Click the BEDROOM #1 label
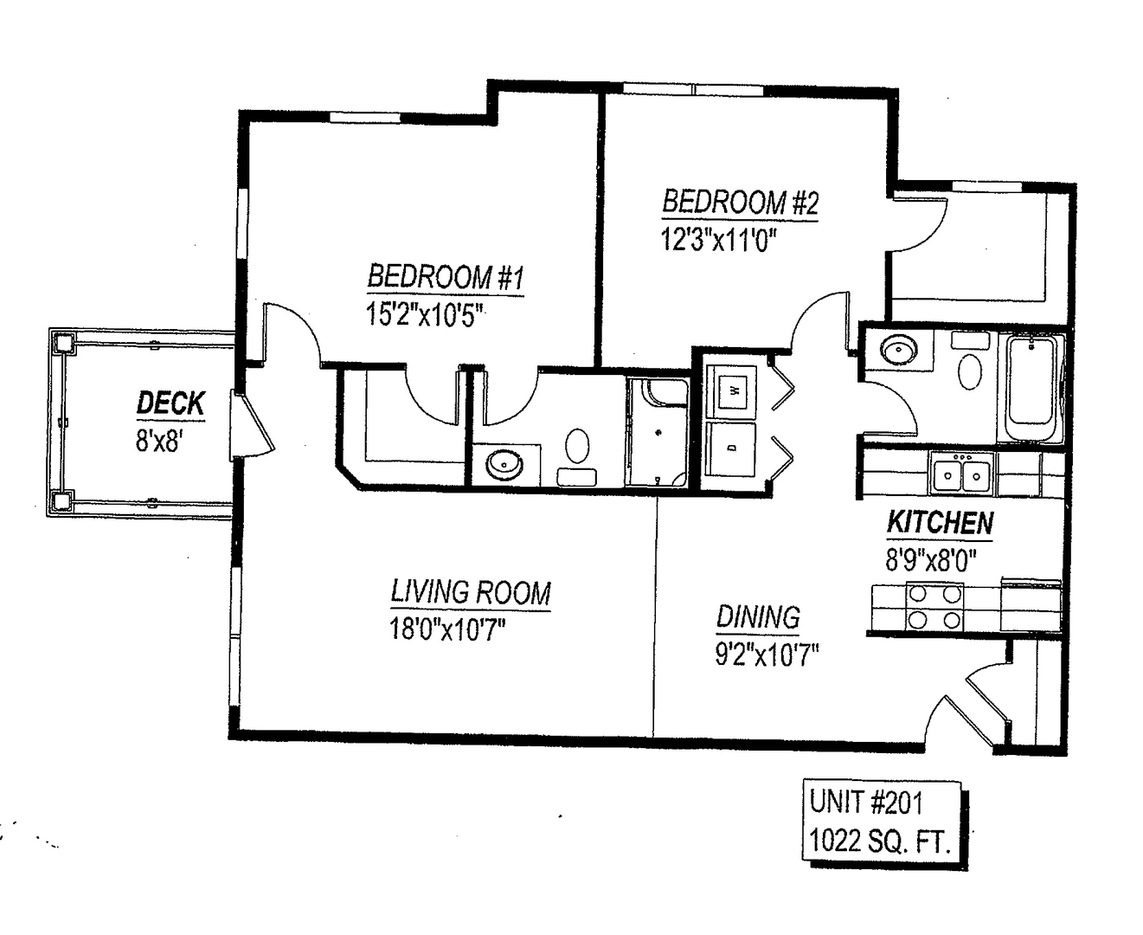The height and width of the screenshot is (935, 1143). [446, 276]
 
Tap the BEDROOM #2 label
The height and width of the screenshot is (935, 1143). [740, 202]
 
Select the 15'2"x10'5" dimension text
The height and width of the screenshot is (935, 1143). [424, 314]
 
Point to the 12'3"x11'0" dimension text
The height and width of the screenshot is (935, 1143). [719, 239]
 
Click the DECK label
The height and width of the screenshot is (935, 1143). [170, 403]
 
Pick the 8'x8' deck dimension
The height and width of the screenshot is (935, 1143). [157, 441]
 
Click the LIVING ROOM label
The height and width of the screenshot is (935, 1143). [471, 592]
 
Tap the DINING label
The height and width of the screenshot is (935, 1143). [758, 616]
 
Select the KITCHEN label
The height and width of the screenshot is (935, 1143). [940, 522]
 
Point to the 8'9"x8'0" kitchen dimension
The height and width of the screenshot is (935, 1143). [931, 560]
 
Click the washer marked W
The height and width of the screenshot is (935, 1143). [731, 390]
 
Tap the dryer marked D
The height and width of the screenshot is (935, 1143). [731, 449]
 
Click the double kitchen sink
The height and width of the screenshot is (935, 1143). [961, 474]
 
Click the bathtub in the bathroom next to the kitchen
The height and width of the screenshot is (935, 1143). [1031, 389]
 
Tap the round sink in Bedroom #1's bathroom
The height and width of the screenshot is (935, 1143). [504, 465]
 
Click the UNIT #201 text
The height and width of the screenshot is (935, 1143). [865, 803]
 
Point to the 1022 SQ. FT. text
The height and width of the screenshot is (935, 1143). [880, 841]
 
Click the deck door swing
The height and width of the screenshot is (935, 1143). [254, 425]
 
